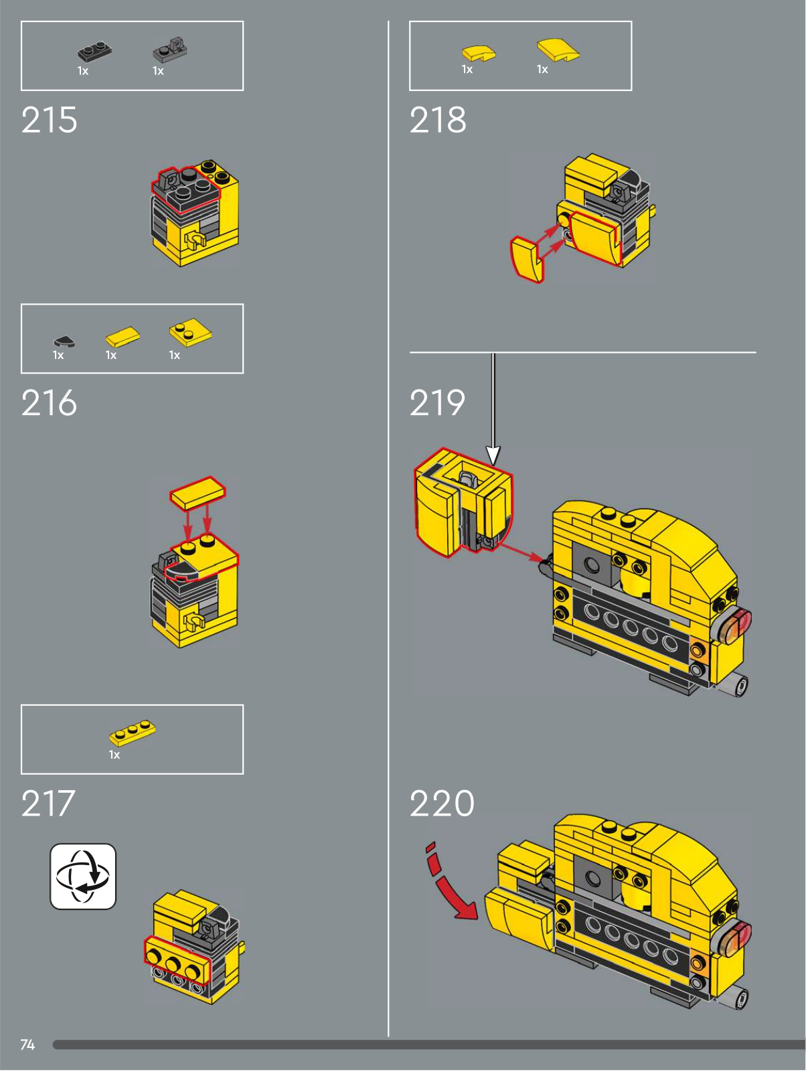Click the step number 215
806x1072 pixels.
pos(49,120)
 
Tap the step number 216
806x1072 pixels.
pos(49,402)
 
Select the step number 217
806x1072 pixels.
pos(48,803)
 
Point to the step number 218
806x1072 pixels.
pos(437,120)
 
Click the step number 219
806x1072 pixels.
pos(437,402)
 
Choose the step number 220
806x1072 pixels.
pos(442,803)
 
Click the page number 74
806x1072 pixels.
pos(27,1045)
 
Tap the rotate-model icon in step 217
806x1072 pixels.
pos(83,876)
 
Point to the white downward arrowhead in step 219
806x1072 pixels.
pos(493,455)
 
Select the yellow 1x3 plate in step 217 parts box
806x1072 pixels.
pos(132,731)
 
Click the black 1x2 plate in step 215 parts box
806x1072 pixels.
pos(94,52)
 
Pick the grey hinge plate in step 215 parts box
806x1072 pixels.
pos(171,50)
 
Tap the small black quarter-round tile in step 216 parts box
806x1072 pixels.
pos(64,341)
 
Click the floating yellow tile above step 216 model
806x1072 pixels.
pos(197,493)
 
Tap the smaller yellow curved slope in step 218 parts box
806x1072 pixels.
pos(479,54)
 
